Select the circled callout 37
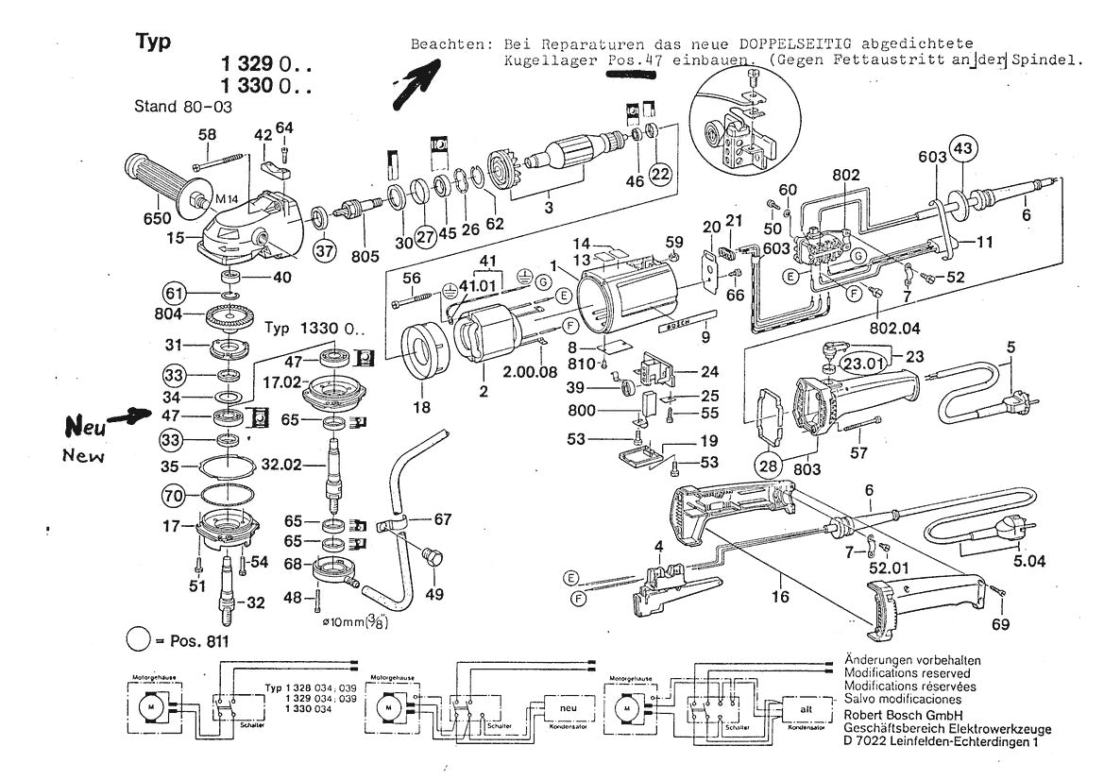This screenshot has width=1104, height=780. tap(324, 251)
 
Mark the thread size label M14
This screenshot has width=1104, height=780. tap(228, 199)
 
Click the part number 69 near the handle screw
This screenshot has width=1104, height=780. tap(1000, 624)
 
